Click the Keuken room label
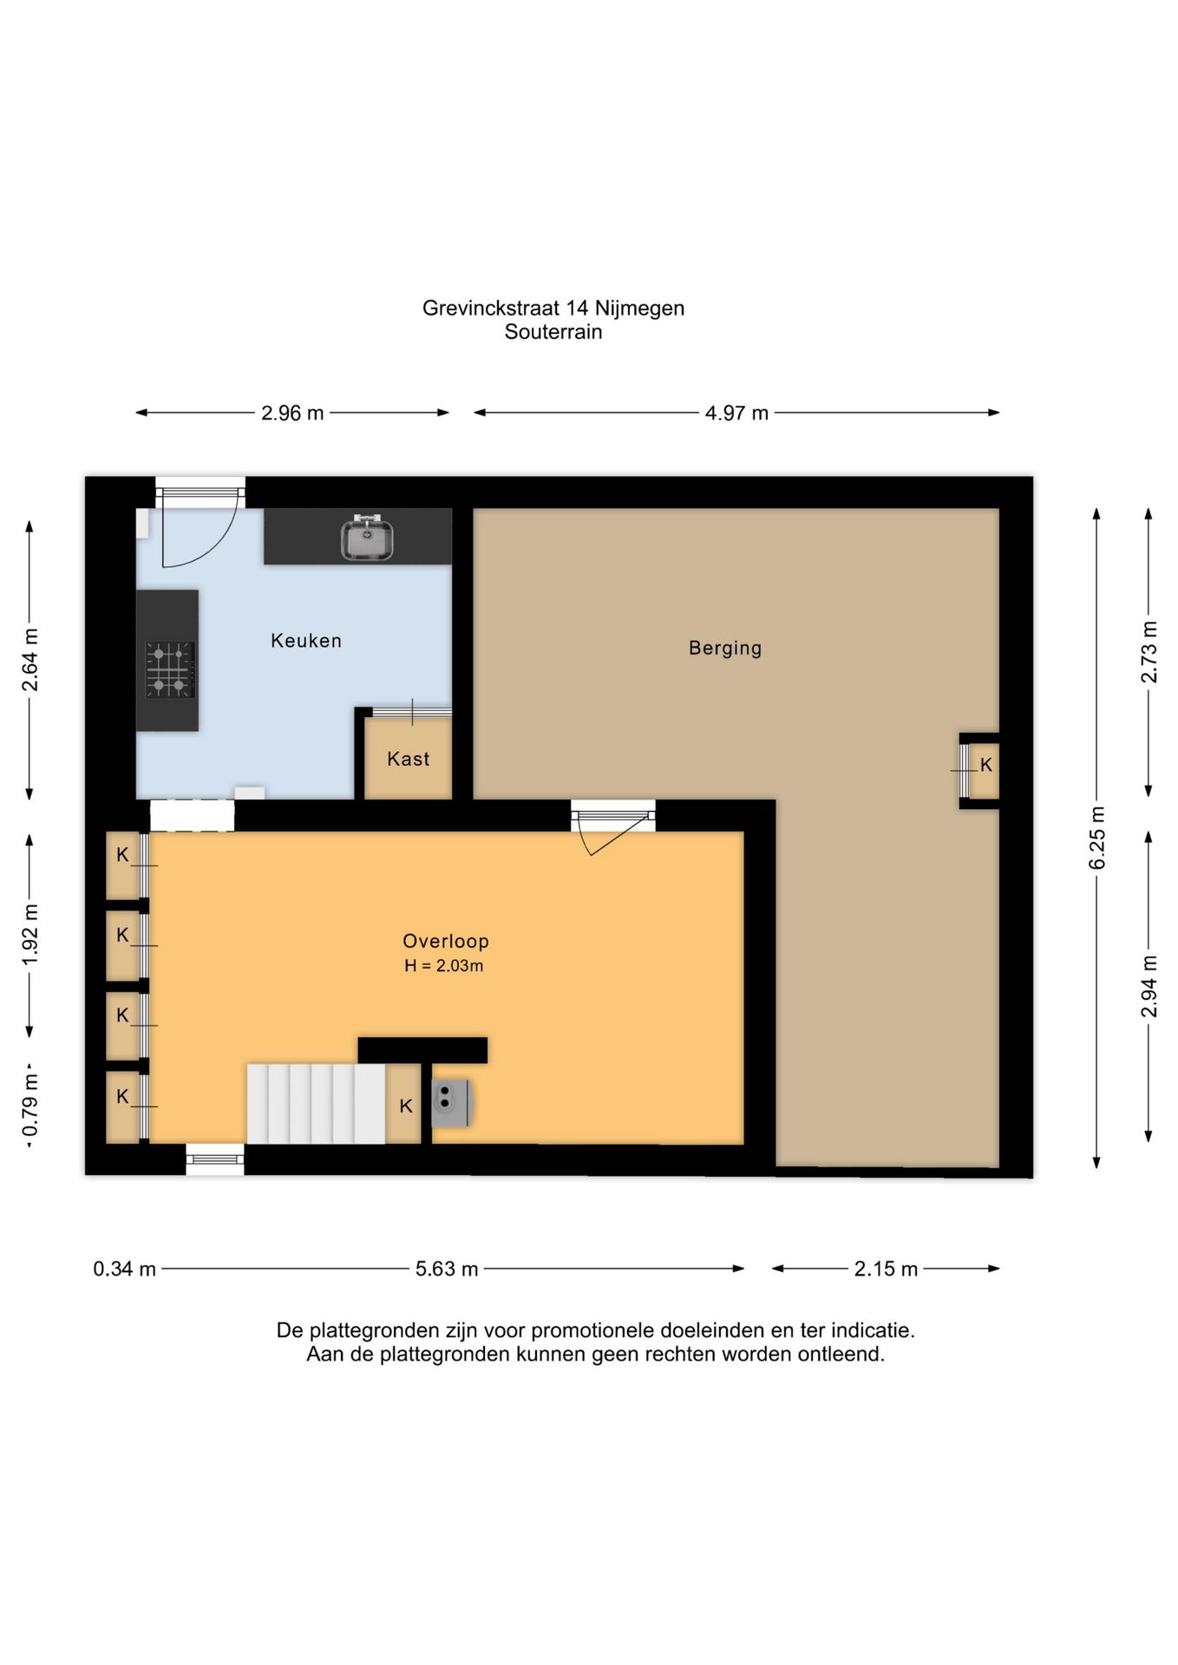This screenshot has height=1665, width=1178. point(306,641)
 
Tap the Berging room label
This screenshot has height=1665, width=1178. point(725,648)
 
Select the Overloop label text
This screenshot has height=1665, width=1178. point(446,941)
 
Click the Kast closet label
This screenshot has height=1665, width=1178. point(409,759)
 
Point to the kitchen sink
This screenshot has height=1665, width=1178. point(367,538)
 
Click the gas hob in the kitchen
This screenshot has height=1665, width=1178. point(169,669)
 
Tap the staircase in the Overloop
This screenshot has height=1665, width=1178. point(316,1104)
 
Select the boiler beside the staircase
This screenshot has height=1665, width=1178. point(451,1103)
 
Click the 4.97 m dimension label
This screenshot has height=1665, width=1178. point(736,413)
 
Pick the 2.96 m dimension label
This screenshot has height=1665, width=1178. point(292,413)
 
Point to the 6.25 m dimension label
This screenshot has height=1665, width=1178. point(1097,838)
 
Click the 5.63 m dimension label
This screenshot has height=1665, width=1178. point(447,1269)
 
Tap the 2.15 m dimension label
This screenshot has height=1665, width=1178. point(886,1269)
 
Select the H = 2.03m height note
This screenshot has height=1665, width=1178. point(444,966)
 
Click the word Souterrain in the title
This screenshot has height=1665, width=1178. point(553,331)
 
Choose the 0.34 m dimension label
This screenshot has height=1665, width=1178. point(125,1269)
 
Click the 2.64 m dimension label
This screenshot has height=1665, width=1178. point(30,660)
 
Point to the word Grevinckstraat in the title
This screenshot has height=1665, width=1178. point(491,308)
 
